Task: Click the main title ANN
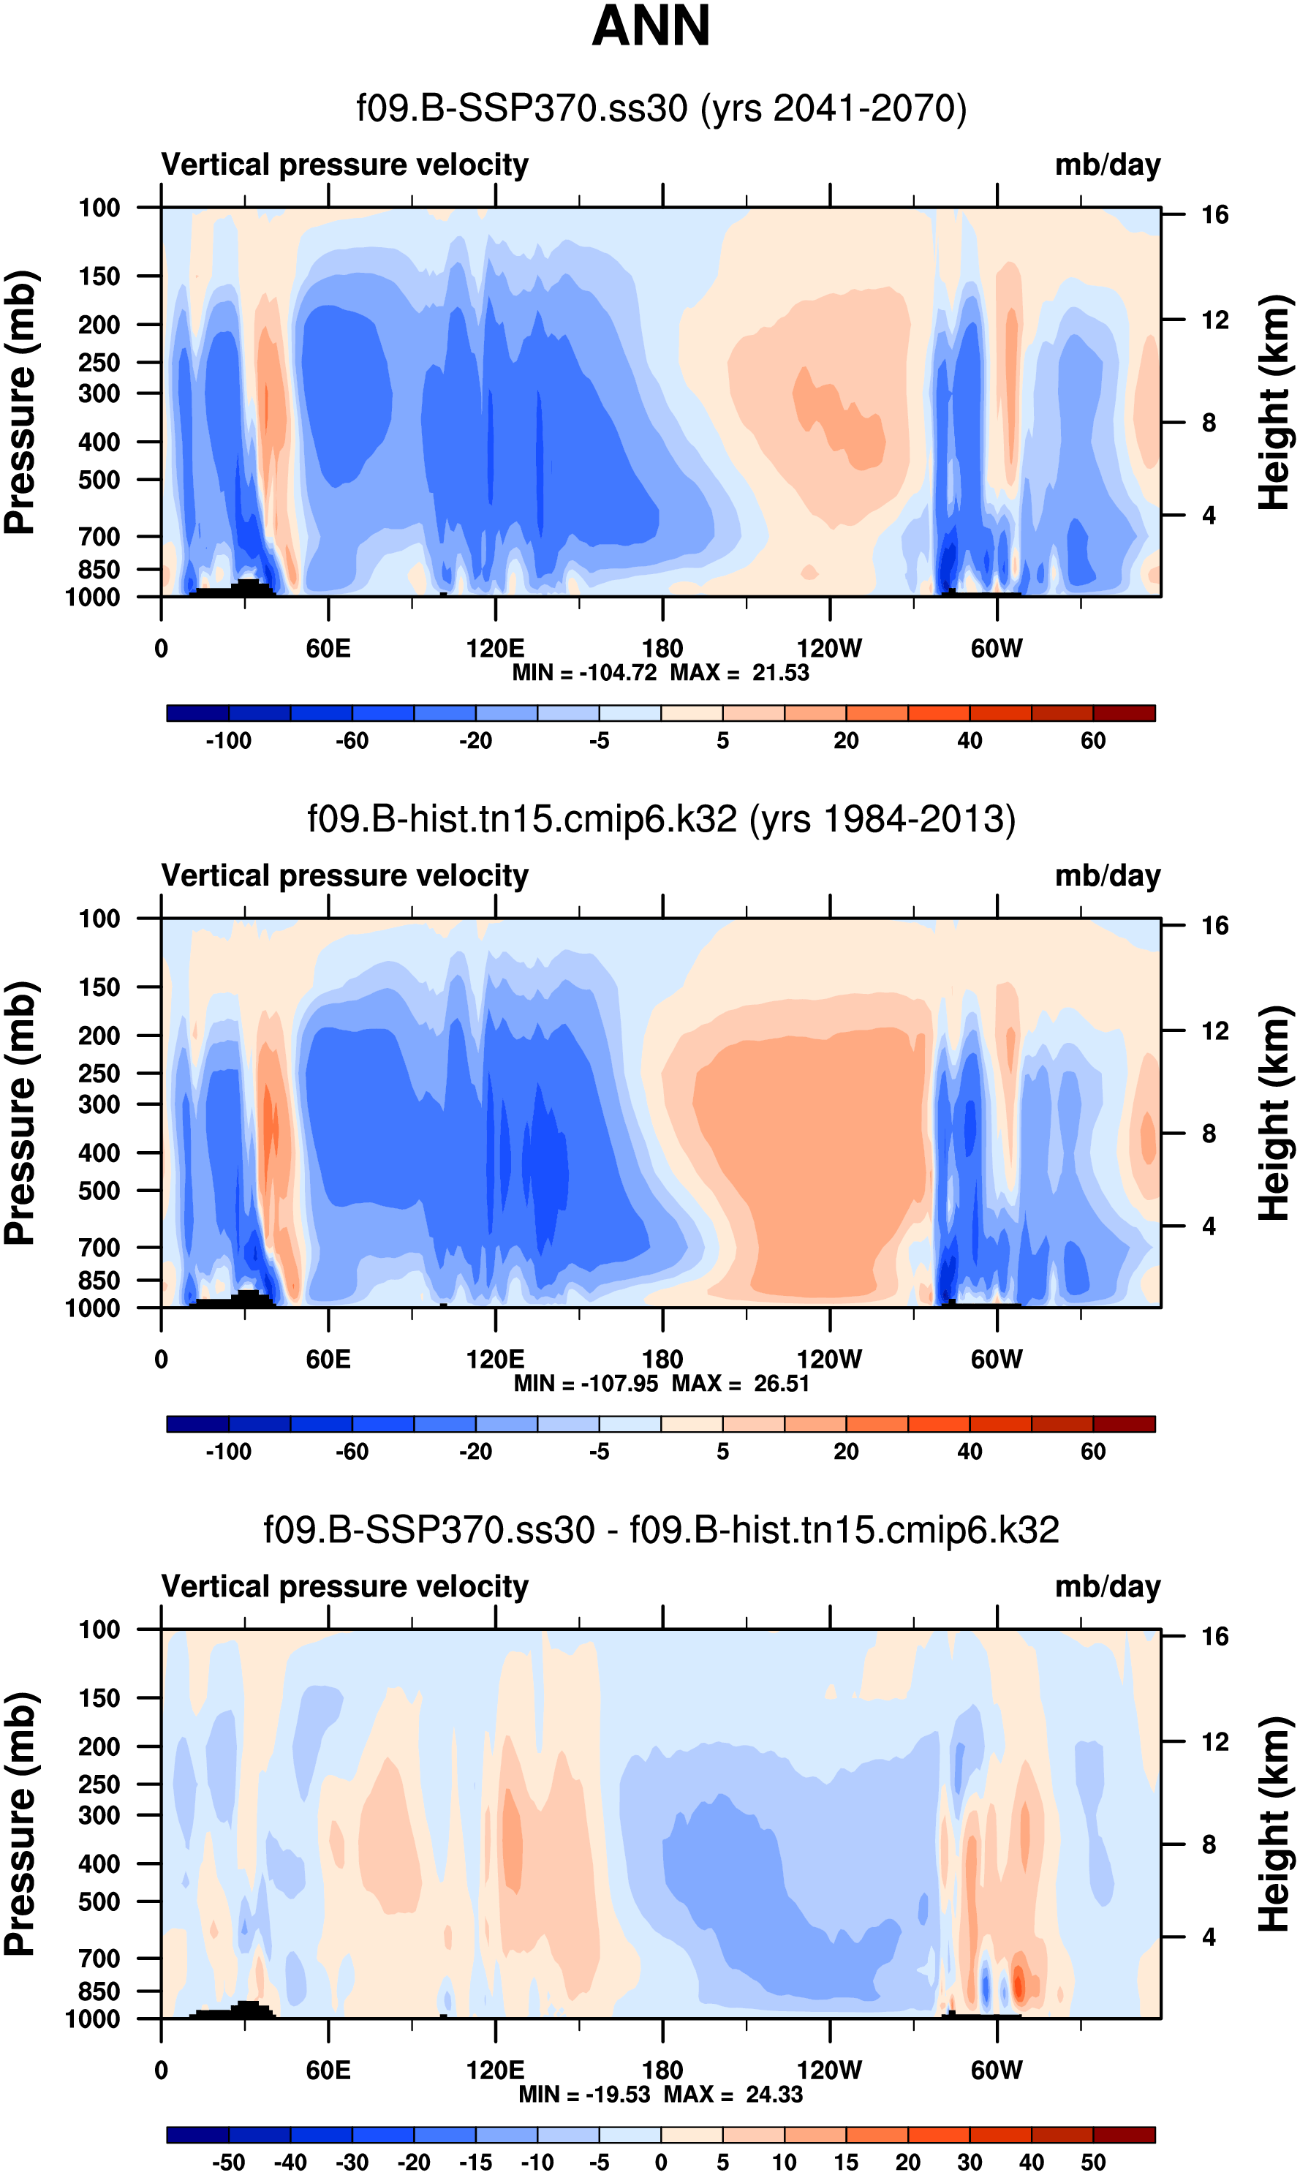click(650, 26)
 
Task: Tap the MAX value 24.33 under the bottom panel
click(774, 2094)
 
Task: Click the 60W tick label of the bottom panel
click(996, 2070)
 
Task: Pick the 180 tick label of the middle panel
click(662, 1360)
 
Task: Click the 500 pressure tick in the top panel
click(99, 480)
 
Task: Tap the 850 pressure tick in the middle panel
click(99, 1281)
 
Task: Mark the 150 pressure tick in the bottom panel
click(99, 1698)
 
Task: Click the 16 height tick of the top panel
click(1214, 214)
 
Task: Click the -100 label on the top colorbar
click(229, 741)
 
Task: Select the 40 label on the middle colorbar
click(969, 1452)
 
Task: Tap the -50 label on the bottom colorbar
click(229, 2162)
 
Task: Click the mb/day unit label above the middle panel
click(1107, 876)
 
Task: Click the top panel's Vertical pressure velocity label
click(344, 165)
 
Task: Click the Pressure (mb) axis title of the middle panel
click(19, 1113)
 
